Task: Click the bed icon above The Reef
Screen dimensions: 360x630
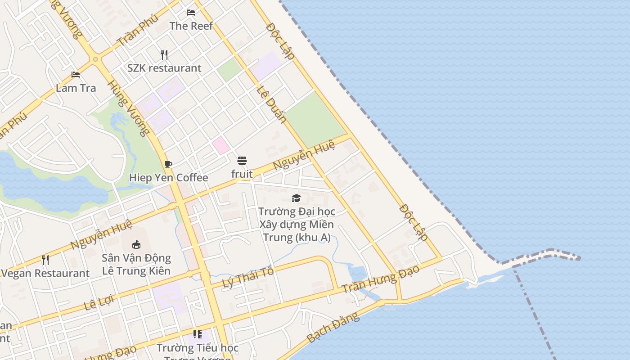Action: tap(191, 13)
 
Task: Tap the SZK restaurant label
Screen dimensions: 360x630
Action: tap(164, 68)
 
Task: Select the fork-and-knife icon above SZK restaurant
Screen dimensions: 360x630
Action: tap(164, 55)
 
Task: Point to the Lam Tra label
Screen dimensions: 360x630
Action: tap(76, 88)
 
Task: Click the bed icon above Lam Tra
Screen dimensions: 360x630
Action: tap(76, 75)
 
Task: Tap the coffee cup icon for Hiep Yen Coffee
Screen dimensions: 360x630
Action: tap(168, 164)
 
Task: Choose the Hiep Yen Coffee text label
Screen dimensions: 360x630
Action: tap(169, 178)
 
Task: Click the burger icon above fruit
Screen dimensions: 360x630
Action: tap(242, 161)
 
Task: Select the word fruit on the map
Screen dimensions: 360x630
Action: tap(242, 174)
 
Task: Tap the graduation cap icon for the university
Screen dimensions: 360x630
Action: tap(296, 198)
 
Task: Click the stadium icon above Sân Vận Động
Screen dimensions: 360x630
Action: tap(136, 244)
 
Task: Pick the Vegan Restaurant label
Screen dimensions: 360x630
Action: tap(45, 273)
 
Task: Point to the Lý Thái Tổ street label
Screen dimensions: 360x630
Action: tap(248, 278)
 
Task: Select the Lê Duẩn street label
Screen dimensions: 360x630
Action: tap(271, 104)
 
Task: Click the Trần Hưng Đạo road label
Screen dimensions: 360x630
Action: tap(380, 279)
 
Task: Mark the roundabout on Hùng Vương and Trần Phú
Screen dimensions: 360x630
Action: tap(95, 59)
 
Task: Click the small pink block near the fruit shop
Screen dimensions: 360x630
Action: tap(221, 145)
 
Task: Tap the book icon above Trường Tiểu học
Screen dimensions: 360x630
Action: tap(197, 334)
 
